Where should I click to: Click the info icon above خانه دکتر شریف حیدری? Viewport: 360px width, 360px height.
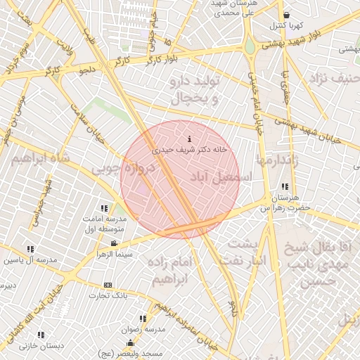[188, 139]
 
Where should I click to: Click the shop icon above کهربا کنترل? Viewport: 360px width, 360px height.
[286, 15]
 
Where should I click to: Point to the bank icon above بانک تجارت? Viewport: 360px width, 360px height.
[108, 285]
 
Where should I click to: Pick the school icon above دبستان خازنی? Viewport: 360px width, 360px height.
[40, 335]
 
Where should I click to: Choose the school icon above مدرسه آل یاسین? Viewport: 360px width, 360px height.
[30, 249]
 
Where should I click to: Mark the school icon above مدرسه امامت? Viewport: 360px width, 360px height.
[104, 208]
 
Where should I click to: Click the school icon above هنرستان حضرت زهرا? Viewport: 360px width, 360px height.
[285, 187]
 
